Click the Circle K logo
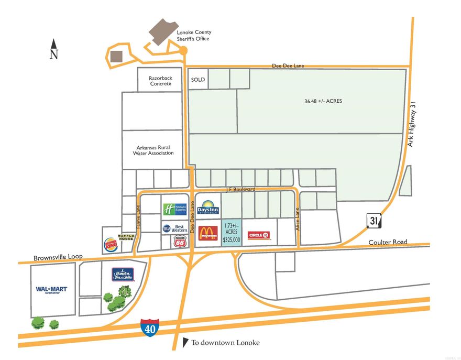[259, 235]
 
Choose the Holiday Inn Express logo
[174, 209]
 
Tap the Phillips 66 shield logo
[179, 241]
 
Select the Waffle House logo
[127, 236]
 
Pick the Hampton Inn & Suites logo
[123, 274]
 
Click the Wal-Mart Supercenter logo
[51, 289]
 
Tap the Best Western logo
[174, 228]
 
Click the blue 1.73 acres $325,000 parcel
[231, 232]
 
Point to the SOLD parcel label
[198, 80]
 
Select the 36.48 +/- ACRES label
[323, 101]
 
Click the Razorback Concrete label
[160, 81]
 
